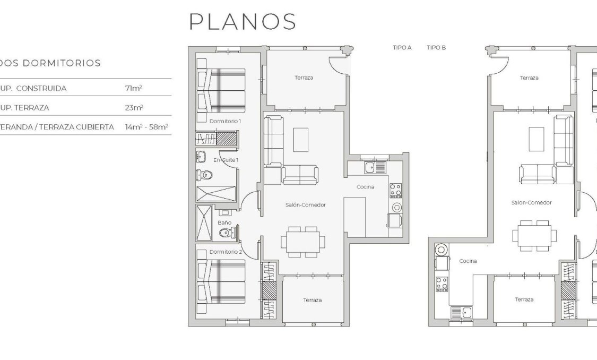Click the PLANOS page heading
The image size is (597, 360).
(243, 21)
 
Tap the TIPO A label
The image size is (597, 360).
(402, 48)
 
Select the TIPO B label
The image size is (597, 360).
(436, 48)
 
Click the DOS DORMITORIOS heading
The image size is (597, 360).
(50, 63)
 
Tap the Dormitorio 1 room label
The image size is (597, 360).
(225, 121)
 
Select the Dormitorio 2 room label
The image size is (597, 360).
(225, 252)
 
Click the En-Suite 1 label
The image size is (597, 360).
(226, 160)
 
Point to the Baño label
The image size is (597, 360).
(224, 222)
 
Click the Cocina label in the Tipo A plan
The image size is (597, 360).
(365, 187)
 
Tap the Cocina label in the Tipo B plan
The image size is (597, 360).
(468, 261)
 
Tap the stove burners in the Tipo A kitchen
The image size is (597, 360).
(395, 190)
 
